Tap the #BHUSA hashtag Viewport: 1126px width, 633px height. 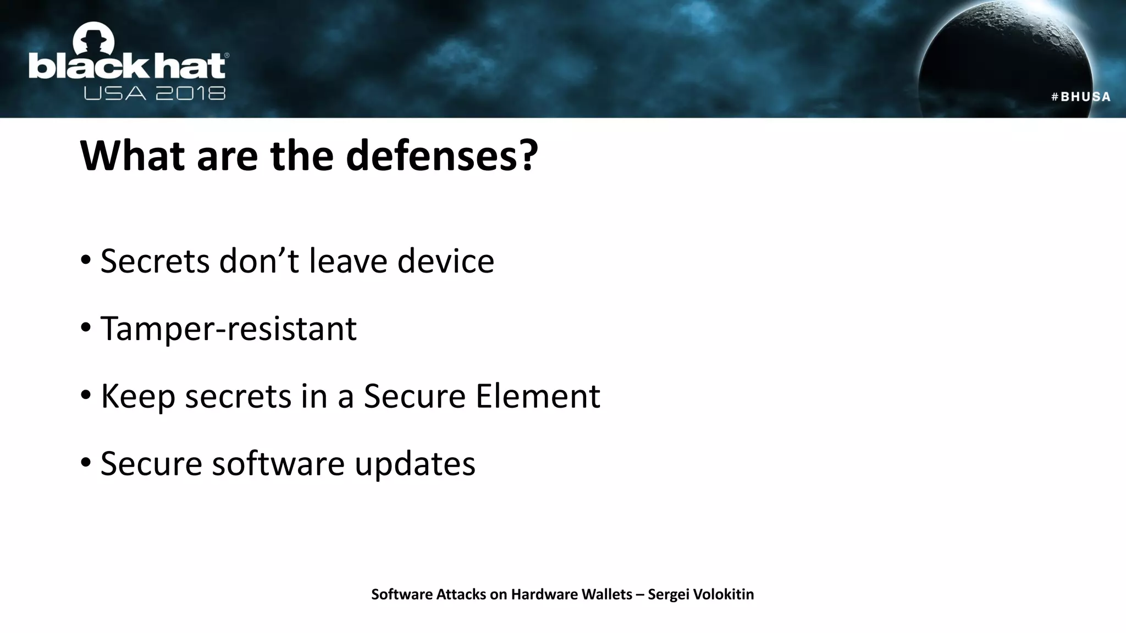point(1080,97)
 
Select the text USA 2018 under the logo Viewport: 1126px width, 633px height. point(154,93)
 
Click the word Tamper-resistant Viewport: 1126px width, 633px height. point(228,329)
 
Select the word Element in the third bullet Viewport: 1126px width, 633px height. point(537,396)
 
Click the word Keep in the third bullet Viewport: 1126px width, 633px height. point(138,397)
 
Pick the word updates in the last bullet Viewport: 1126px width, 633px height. point(415,464)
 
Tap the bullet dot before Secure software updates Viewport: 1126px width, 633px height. point(85,462)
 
